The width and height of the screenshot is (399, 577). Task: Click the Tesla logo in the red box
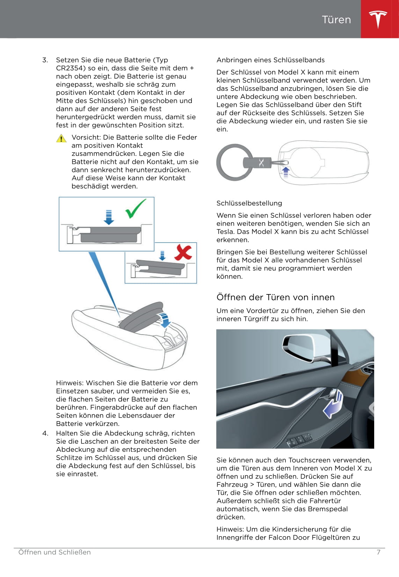pos(378,19)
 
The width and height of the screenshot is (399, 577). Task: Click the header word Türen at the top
pos(336,20)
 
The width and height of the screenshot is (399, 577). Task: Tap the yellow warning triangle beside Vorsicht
pos(61,138)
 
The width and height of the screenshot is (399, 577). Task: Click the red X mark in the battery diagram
pos(183,252)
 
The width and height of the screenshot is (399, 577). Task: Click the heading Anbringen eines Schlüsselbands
pos(270,60)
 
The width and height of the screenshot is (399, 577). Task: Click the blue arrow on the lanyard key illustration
pos(286,171)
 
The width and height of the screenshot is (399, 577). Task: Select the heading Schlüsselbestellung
pos(249,203)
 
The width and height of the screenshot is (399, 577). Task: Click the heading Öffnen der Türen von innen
pos(275,297)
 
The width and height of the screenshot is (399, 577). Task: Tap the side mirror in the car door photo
pos(304,349)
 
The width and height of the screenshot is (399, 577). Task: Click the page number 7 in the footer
pos(378,552)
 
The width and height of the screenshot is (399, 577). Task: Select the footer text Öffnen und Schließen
pos(55,552)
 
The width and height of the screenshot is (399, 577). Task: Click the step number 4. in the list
pos(45,433)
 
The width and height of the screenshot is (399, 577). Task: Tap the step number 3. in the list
pos(45,60)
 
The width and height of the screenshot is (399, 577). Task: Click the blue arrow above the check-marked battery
pos(109,217)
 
